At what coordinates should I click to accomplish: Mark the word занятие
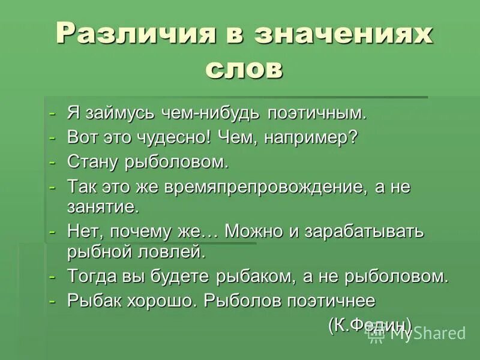tap(103, 207)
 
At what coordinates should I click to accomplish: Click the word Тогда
tap(95, 277)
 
